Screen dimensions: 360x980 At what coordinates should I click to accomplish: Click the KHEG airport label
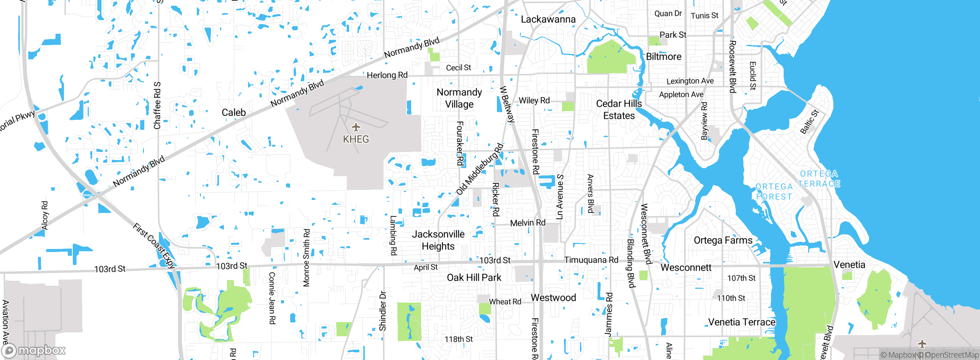356,139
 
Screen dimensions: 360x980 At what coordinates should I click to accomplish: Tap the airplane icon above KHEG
356,127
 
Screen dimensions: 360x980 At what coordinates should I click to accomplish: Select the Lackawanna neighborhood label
548,19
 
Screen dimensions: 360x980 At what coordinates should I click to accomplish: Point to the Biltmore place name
663,57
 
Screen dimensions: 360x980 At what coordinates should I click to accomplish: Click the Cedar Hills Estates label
619,110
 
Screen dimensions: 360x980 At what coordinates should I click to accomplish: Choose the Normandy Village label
459,98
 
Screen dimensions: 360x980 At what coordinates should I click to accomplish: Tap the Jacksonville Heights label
438,240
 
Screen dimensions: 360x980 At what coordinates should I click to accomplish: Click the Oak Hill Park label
474,278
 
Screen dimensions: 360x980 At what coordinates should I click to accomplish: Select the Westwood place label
553,298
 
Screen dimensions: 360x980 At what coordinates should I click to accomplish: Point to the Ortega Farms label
723,240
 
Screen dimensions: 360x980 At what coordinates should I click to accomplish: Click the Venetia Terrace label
742,322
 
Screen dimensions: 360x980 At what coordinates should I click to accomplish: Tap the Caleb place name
234,112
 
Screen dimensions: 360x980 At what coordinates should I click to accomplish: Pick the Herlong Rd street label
387,75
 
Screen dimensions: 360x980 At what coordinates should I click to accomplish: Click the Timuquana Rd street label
591,260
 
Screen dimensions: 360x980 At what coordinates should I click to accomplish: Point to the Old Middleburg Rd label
480,169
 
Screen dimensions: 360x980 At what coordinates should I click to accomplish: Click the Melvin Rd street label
528,223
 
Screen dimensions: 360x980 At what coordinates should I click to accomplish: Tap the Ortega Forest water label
774,191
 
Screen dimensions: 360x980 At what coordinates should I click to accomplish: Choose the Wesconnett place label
686,267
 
